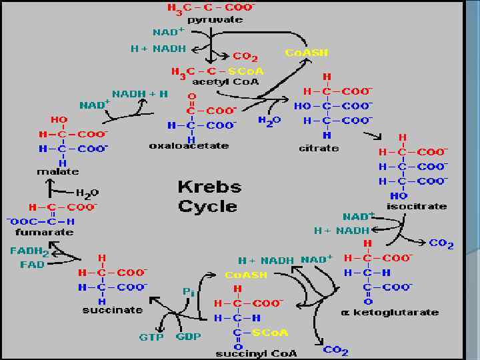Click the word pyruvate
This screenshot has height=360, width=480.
215,19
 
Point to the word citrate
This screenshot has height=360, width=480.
319,147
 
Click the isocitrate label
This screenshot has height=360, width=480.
417,206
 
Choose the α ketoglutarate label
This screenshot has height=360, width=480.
389,312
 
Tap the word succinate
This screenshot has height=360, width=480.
113,309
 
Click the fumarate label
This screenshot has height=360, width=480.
45,232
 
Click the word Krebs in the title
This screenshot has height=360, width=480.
209,186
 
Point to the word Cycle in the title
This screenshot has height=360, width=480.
207,206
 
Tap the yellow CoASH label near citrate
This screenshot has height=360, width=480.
307,53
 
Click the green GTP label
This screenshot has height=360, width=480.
151,337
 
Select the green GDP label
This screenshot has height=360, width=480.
189,336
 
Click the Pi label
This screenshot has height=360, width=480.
189,291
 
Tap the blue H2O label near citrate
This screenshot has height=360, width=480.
269,121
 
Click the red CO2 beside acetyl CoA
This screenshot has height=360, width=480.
245,57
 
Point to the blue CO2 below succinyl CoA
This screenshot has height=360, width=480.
335,350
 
